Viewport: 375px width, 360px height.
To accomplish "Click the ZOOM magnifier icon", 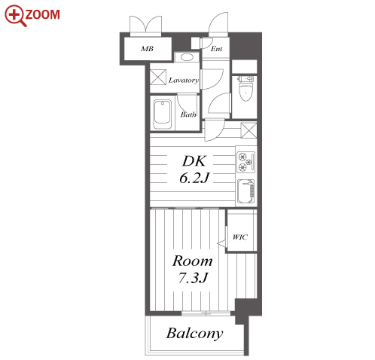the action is (15, 15).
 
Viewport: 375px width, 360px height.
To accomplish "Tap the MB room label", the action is (147, 49).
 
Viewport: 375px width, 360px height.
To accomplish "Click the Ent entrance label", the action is (216, 49).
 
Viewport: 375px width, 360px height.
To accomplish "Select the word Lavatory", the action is (184, 81).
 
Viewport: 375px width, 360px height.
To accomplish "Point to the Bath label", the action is (188, 114).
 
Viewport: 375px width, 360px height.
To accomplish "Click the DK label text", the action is (194, 161).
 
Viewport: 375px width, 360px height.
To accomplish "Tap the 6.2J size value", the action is (194, 178).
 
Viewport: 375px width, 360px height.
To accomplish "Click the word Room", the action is (193, 261).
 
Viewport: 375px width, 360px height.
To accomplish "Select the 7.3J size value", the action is (193, 277).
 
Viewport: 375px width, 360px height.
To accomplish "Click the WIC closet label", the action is (240, 237).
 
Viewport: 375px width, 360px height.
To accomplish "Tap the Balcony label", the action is (194, 334).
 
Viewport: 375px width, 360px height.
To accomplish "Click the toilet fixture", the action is (245, 88).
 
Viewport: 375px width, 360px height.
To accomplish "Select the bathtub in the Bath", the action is (163, 114).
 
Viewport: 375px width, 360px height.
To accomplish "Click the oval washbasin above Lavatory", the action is (187, 57).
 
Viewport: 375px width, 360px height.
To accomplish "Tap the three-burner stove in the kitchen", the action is (245, 162).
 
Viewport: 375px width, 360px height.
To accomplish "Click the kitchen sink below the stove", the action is (246, 191).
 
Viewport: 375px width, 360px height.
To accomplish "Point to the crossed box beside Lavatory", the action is (158, 77).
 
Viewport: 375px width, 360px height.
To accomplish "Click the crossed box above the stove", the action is (248, 130).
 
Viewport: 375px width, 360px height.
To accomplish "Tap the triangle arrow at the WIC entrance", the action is (221, 243).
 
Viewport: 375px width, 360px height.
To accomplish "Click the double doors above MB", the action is (145, 26).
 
